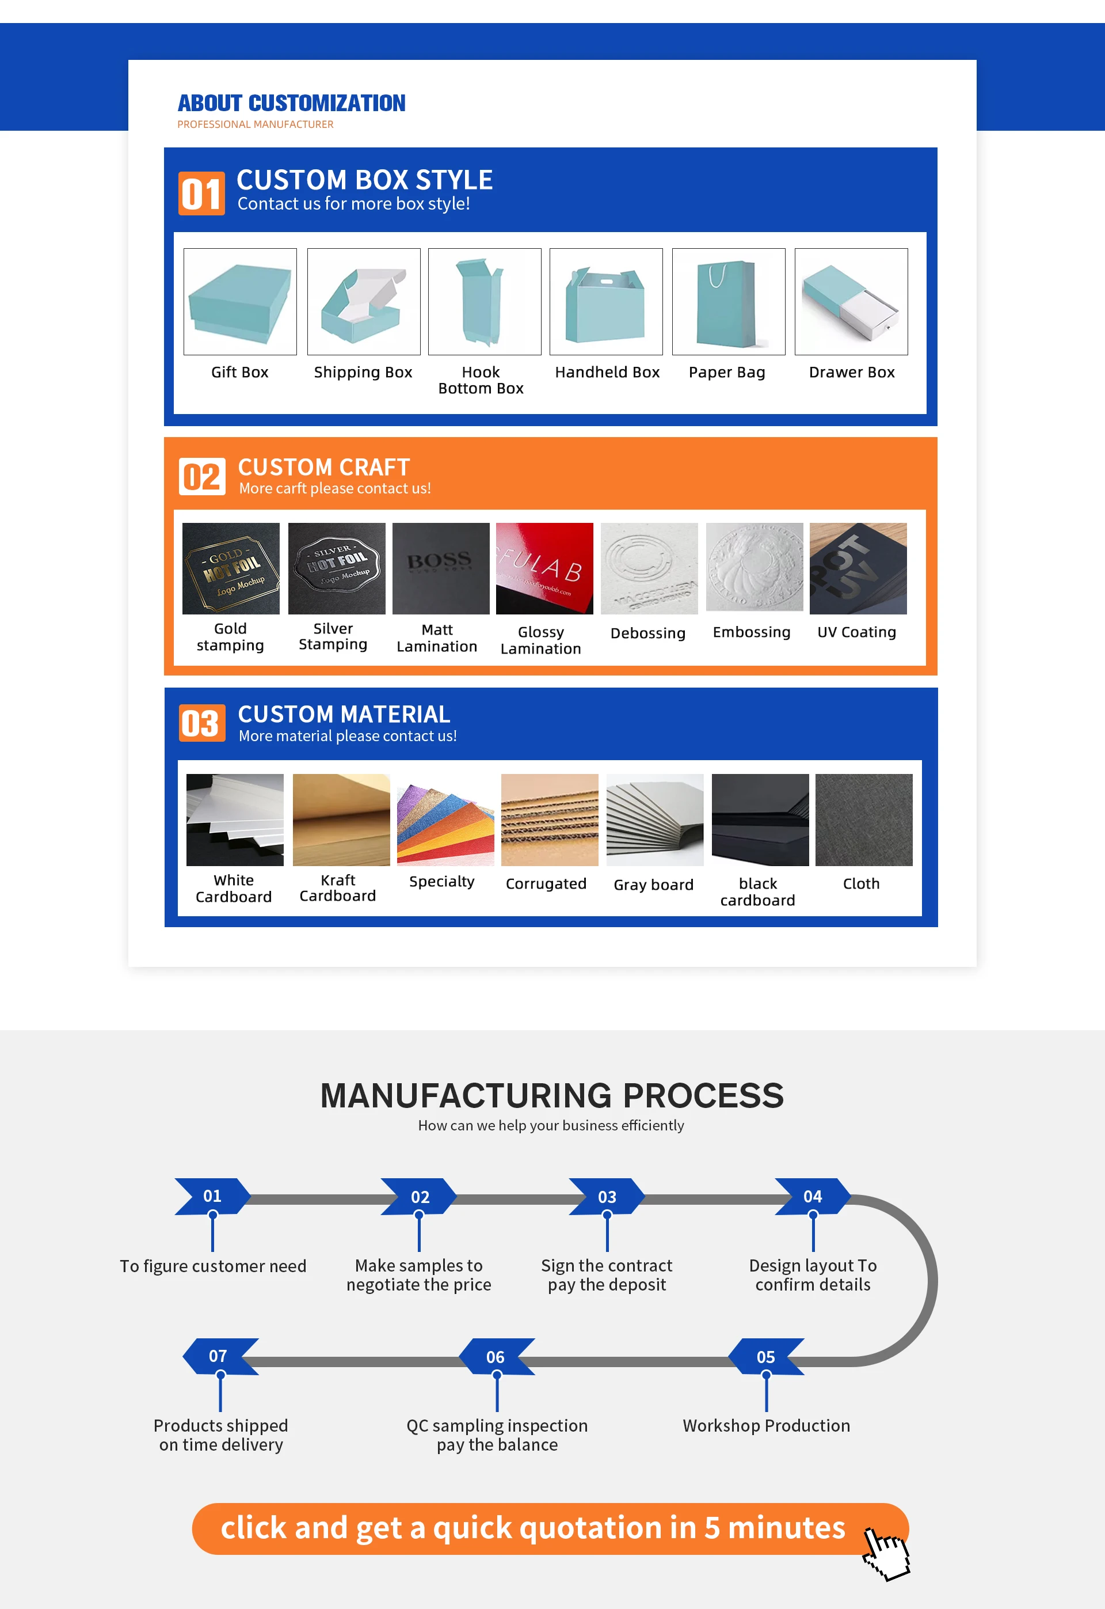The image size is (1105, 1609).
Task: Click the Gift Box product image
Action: click(239, 301)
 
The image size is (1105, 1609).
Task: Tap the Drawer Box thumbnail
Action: click(851, 301)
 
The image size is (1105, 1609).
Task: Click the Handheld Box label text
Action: click(607, 372)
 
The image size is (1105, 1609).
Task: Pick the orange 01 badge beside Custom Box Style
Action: click(201, 193)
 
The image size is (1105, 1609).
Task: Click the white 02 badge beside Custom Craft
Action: click(201, 476)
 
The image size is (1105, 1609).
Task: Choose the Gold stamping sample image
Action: click(231, 568)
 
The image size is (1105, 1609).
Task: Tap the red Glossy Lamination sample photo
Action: click(544, 568)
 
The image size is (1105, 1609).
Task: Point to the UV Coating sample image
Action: click(858, 568)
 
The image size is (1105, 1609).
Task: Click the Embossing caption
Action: click(751, 632)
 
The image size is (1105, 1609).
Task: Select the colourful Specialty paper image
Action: click(445, 819)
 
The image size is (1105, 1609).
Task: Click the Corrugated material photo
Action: click(549, 819)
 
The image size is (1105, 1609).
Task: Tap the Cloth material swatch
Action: click(863, 819)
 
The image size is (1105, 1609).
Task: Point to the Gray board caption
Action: click(653, 885)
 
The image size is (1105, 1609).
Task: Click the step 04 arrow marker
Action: click(812, 1196)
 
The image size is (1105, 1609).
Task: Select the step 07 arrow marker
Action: click(219, 1356)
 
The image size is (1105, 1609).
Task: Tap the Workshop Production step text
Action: click(766, 1425)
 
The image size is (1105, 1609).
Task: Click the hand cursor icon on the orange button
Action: click(886, 1553)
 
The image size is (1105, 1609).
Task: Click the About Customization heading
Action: click(291, 103)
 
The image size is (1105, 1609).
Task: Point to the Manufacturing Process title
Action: click(552, 1096)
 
